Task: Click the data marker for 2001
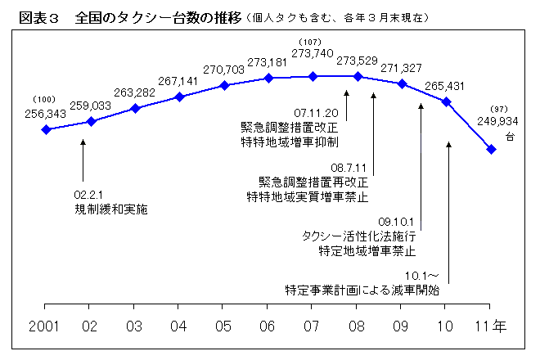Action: (x=47, y=129)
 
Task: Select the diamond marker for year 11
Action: (x=491, y=149)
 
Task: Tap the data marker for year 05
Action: (x=224, y=85)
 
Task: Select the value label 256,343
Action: (x=45, y=113)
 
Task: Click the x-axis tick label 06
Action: (x=268, y=326)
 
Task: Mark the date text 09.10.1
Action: (x=398, y=222)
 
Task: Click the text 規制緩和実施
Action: (x=110, y=210)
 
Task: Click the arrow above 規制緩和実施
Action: (x=83, y=160)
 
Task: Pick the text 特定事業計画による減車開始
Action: (x=362, y=290)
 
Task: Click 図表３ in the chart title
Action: (x=36, y=16)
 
